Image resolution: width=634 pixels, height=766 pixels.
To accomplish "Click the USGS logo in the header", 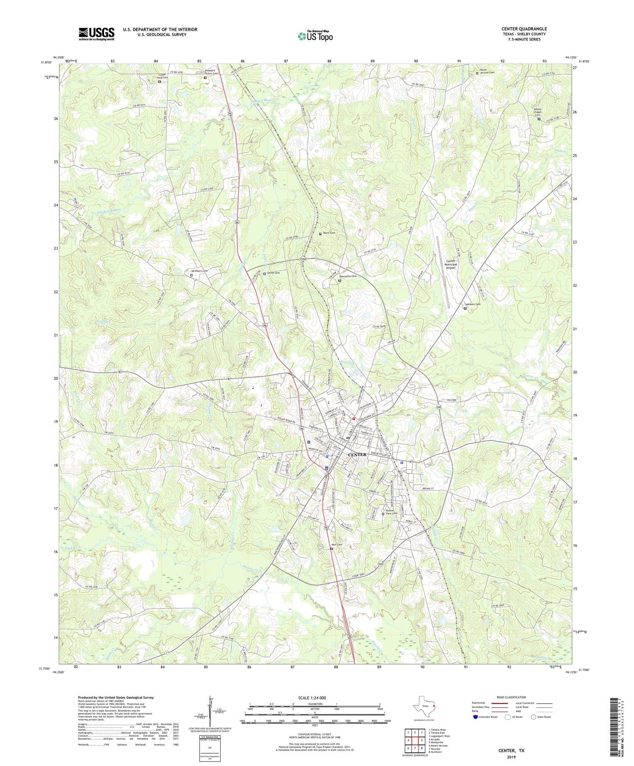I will coord(97,34).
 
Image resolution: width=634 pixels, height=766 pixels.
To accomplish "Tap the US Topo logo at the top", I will coord(315,36).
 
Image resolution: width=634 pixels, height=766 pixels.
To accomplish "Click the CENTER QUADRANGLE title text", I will coord(524,29).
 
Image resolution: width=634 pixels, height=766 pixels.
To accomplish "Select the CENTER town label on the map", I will coord(357,455).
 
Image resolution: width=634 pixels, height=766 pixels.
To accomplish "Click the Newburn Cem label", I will coord(199,271).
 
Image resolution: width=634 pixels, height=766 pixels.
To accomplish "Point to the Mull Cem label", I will coord(337,544).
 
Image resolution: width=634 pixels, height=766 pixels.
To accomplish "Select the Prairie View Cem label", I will coord(391,512).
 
